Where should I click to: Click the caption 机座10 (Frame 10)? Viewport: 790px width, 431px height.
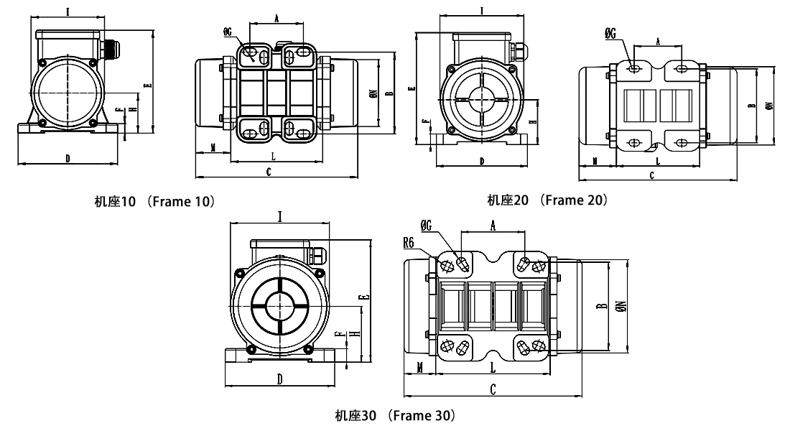(x=154, y=202)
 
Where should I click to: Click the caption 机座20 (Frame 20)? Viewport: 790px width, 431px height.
(x=547, y=200)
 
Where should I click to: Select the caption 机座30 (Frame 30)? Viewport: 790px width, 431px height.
(x=394, y=415)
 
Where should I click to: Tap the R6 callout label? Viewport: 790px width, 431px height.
(x=411, y=243)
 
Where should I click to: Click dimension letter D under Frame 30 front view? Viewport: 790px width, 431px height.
(x=279, y=378)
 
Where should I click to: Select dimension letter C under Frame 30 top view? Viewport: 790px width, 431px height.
(x=493, y=389)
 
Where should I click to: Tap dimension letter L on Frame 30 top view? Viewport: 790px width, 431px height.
(x=492, y=367)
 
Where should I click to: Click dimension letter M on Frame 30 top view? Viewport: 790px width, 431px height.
(x=418, y=367)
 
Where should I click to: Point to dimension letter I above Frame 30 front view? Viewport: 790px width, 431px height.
(x=279, y=215)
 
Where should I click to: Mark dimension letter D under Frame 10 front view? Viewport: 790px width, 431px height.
(x=68, y=158)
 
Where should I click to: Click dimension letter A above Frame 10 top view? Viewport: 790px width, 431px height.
(x=277, y=19)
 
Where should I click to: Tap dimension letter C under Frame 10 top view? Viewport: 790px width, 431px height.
(x=268, y=172)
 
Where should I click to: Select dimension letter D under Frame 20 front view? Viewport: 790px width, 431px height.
(x=481, y=161)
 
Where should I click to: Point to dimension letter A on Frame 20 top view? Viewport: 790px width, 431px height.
(x=658, y=42)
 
